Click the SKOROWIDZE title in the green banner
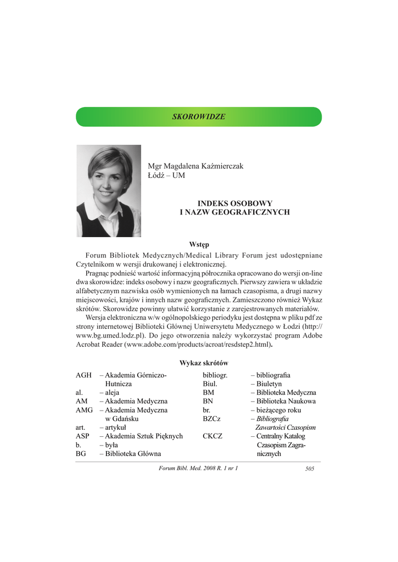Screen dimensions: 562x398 [199, 117]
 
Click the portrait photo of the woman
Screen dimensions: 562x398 [109, 190]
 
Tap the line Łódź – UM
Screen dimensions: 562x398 [166, 176]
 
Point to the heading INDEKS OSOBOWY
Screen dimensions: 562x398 [235, 203]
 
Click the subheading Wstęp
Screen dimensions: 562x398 [199, 244]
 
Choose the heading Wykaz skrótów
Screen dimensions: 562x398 [204, 363]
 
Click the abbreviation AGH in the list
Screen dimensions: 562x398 [83, 375]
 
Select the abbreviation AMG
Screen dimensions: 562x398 [85, 410]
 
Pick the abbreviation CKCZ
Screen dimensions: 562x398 [212, 436]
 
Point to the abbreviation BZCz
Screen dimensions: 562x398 [211, 419]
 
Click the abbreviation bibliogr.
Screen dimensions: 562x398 [215, 375]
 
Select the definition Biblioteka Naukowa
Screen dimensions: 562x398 [285, 401]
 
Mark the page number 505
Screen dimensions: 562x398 [309, 468]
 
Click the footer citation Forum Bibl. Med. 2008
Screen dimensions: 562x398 [198, 468]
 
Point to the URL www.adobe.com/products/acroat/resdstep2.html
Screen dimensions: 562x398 [199, 344]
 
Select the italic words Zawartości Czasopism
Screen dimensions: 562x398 [285, 428]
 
